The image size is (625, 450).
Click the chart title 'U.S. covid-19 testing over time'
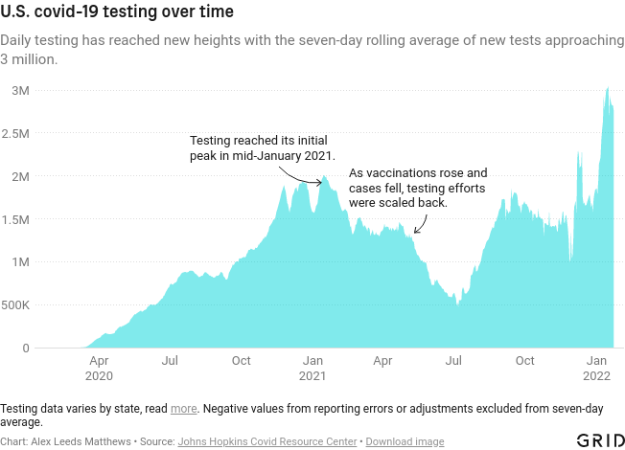coord(116,14)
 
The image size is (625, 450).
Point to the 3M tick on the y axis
coord(20,90)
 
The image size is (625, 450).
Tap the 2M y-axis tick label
coord(20,176)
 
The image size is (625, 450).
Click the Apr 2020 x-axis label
coord(99,369)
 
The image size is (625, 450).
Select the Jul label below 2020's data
coord(170,361)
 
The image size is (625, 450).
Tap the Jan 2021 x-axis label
coord(312,369)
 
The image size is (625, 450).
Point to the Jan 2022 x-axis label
coord(597,369)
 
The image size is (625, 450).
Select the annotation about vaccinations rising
coord(418,189)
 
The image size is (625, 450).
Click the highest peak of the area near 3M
coord(608,89)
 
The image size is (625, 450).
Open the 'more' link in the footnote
coord(184,409)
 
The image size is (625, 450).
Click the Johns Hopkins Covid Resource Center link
coord(267,441)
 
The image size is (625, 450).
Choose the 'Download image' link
coord(405,441)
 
